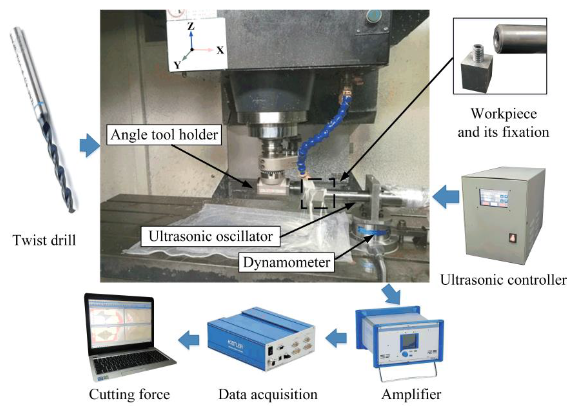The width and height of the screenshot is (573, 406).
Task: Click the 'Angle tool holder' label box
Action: tap(164, 135)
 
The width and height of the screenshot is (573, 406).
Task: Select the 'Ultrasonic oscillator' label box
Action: tap(210, 236)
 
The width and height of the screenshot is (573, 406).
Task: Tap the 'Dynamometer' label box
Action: tap(286, 262)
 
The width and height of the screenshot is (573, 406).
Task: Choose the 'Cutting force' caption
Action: tap(129, 394)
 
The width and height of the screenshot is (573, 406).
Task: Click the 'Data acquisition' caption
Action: tap(268, 394)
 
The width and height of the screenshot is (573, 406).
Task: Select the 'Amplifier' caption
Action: tap(411, 394)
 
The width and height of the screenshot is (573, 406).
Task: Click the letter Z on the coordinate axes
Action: tap(191, 26)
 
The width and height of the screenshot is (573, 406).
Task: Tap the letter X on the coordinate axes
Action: tap(220, 51)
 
